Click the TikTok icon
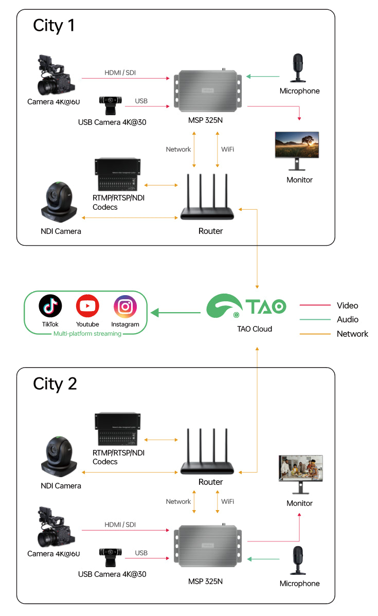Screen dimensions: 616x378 tap(50, 306)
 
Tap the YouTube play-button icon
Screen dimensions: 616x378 tap(87, 306)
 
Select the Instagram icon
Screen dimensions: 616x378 tap(125, 306)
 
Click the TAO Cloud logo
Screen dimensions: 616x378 tap(246, 307)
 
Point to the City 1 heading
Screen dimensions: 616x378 tap(54, 25)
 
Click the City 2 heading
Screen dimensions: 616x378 tap(55, 384)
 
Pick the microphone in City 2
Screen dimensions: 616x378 tap(298, 560)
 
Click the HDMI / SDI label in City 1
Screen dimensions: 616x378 tap(120, 73)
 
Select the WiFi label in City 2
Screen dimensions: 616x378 tap(228, 501)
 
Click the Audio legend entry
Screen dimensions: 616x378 tap(348, 319)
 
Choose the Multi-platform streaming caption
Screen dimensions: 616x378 tap(87, 334)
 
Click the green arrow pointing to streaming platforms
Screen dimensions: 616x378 tap(175, 312)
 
